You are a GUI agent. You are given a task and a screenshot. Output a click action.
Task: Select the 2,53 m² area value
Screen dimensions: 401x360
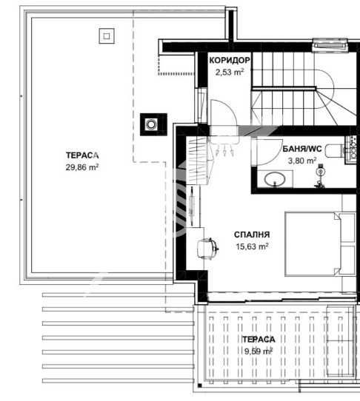(x=229, y=72)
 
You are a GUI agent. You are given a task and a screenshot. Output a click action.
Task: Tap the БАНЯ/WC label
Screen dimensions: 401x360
(x=301, y=149)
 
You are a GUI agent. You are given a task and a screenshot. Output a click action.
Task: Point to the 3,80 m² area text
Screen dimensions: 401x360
(x=301, y=160)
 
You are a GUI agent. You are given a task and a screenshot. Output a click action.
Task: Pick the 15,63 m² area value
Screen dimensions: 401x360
(x=251, y=247)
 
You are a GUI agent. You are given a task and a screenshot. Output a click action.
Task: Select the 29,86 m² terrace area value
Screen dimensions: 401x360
(x=82, y=167)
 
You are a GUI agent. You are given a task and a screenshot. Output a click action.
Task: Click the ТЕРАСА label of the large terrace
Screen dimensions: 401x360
(x=81, y=155)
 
